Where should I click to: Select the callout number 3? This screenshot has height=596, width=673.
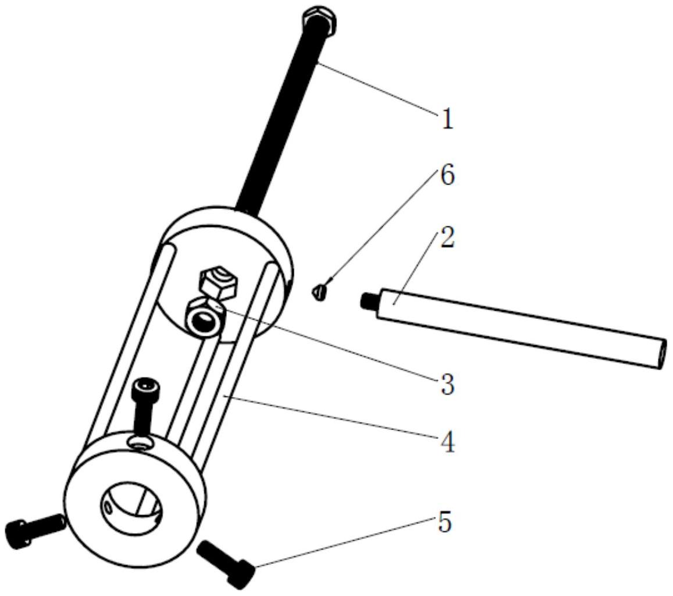pyautogui.click(x=447, y=384)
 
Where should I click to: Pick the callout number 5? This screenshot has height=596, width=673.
pyautogui.click(x=445, y=523)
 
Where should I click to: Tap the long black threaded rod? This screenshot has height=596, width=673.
pyautogui.click(x=279, y=116)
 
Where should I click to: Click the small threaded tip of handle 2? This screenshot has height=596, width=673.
pyautogui.click(x=368, y=300)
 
